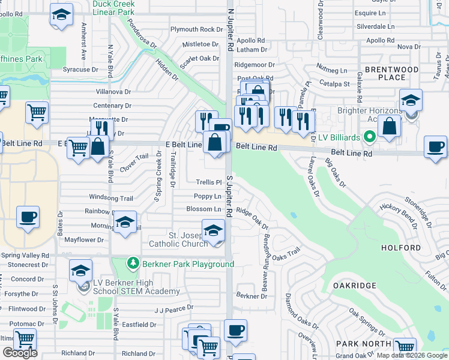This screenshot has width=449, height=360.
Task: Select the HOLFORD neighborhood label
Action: [x=400, y=247]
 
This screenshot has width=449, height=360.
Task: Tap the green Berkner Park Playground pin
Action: [x=132, y=264]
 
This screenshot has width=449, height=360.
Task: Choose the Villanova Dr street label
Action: [x=113, y=92]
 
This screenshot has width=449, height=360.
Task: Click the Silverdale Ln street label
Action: [x=375, y=26]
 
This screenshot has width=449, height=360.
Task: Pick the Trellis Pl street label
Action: [x=209, y=182]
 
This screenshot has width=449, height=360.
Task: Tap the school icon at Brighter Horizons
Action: [x=411, y=100]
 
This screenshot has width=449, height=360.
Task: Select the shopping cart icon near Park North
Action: [x=405, y=348]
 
